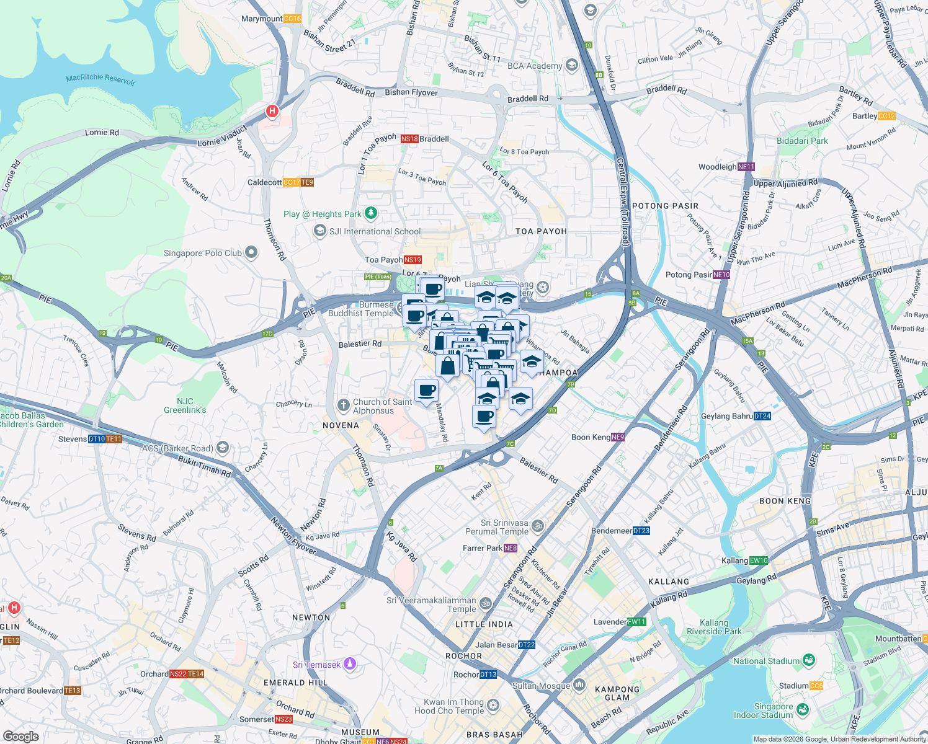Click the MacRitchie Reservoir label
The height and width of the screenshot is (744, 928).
100,79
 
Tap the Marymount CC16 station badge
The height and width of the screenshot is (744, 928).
292,19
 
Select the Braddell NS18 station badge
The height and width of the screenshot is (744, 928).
409,139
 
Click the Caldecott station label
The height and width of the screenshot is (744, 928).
265,182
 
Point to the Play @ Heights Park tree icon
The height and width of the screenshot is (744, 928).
371,213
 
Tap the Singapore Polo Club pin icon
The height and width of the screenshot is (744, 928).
251,252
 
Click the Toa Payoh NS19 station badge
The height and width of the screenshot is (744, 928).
413,260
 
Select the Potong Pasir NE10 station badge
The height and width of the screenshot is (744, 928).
721,275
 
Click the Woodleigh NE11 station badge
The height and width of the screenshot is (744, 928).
746,167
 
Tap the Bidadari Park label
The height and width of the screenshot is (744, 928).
802,141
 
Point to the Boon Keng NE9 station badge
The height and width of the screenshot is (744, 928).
618,437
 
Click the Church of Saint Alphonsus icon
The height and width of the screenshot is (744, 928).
343,405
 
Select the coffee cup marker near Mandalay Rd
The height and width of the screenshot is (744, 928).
426,391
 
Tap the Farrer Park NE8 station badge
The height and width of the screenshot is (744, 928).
511,548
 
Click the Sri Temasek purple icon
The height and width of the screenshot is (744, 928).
350,664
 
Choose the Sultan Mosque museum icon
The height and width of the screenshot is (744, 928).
579,684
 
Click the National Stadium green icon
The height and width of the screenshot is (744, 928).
808,660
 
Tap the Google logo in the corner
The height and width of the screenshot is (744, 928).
21,736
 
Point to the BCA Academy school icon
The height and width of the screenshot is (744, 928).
571,65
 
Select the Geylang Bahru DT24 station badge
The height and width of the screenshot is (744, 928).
762,416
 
